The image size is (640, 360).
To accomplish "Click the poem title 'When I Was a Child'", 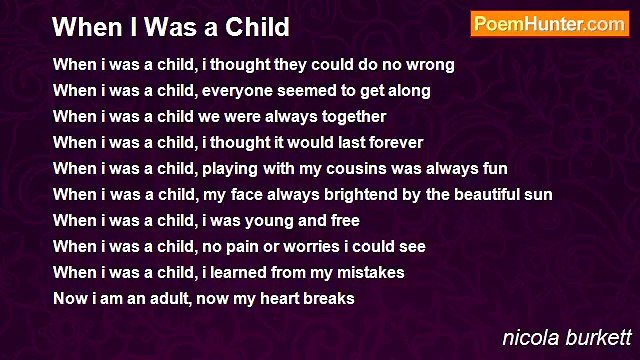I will pyautogui.click(x=171, y=26).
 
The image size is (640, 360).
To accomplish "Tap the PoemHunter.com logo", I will pyautogui.click(x=549, y=24).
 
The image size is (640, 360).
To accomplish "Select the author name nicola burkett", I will pyautogui.click(x=567, y=337).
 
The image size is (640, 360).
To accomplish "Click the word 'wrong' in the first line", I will pyautogui.click(x=431, y=65).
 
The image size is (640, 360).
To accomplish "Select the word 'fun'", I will pyautogui.click(x=494, y=169).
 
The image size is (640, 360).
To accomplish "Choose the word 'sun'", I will pyautogui.click(x=538, y=195).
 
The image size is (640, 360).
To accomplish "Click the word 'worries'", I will pyautogui.click(x=322, y=247).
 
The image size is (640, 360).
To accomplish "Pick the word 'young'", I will pyautogui.click(x=269, y=221).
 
